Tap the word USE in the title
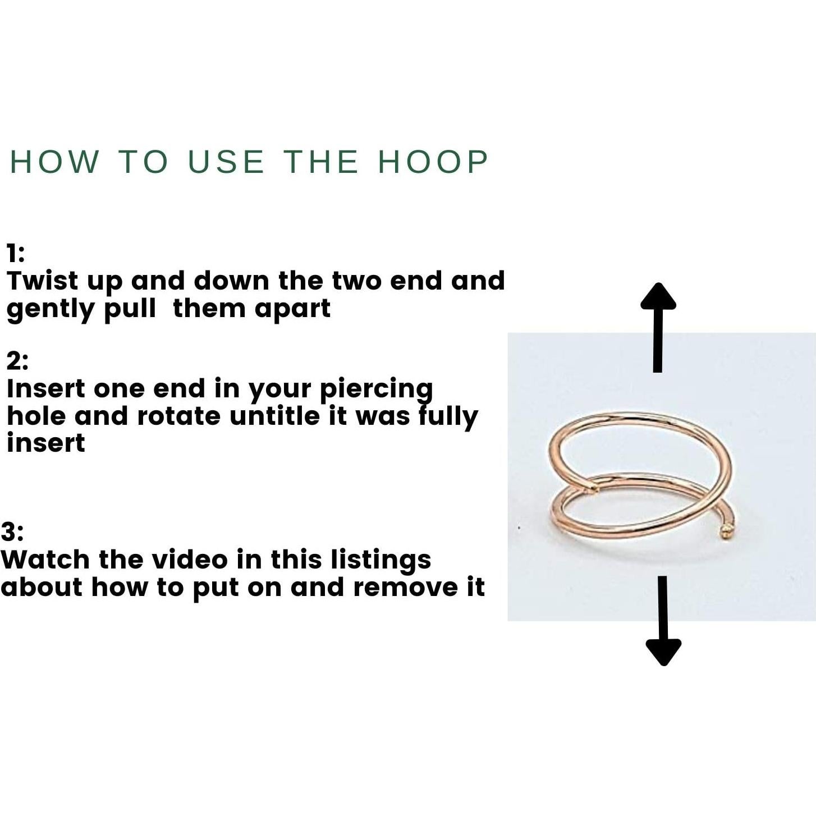[226, 162]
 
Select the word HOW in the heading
[54, 162]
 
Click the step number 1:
[16, 254]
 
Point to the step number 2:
[17, 361]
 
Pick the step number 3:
[12, 532]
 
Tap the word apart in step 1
[292, 309]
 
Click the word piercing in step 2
[377, 390]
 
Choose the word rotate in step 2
[178, 416]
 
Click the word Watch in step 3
[45, 560]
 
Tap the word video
[190, 560]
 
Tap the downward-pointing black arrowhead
[663, 653]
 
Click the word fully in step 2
[448, 417]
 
